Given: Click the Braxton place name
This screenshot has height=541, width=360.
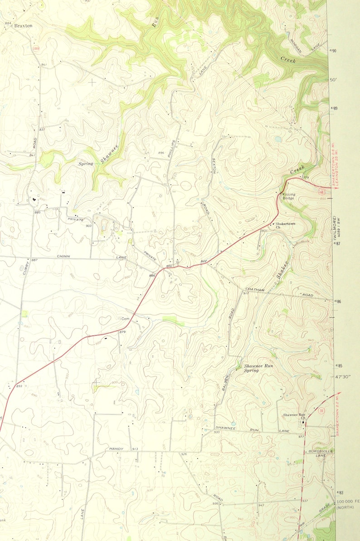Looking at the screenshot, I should (x=23, y=26).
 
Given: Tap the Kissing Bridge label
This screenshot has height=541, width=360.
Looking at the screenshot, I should (x=289, y=197).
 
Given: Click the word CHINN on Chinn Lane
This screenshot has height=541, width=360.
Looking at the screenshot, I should (x=63, y=256).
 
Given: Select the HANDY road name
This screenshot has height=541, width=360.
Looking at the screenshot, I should (x=116, y=449).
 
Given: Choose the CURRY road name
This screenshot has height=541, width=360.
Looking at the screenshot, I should (x=27, y=268).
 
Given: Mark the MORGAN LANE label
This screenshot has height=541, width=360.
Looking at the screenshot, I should (x=300, y=45).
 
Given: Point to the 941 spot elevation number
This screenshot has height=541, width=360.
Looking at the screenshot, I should (x=44, y=65).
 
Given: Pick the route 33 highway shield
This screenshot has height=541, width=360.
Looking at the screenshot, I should (x=321, y=411).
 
